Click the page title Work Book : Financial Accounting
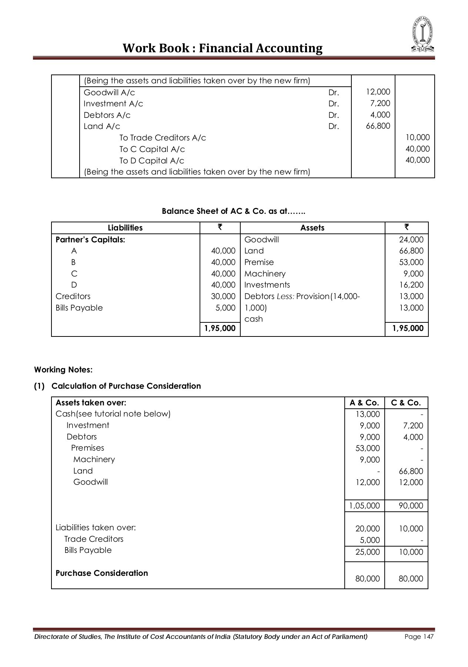click(223, 48)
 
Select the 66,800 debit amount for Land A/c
click(378, 126)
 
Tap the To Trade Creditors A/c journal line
click(162, 138)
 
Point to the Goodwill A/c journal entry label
click(109, 92)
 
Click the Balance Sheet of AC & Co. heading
click(234, 211)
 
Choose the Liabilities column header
click(125, 228)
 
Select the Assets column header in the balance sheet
click(312, 228)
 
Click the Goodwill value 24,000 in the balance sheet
click(411, 240)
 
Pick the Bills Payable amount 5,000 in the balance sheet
click(225, 308)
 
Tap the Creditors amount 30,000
click(223, 296)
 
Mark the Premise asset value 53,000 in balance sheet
click(411, 262)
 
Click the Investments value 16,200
click(411, 285)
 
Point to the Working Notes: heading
click(63, 370)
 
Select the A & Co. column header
click(364, 403)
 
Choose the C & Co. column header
click(406, 403)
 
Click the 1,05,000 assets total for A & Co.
click(364, 506)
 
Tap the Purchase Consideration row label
click(102, 573)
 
